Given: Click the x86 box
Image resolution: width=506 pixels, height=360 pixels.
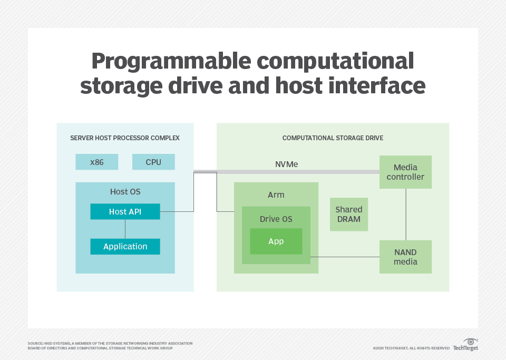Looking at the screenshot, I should point(97,162).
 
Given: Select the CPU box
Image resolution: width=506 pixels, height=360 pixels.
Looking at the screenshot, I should point(153,162).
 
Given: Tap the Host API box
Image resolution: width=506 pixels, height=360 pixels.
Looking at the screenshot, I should point(125,212).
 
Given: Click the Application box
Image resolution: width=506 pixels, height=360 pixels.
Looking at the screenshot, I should point(125,247).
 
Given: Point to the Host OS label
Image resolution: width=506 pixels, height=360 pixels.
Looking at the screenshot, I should point(125,192).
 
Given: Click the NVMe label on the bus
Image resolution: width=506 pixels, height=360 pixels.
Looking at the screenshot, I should point(286,164).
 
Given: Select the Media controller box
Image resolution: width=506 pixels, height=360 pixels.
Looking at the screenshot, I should point(405,172).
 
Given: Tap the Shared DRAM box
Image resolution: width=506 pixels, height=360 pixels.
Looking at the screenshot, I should point(348,215).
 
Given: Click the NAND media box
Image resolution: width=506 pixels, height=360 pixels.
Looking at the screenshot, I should point(405,257).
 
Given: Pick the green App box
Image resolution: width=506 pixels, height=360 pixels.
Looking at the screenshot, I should point(276,241).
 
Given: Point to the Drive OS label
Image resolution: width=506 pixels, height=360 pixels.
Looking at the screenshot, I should point(276,219).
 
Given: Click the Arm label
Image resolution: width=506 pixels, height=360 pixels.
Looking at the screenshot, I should point(276,195).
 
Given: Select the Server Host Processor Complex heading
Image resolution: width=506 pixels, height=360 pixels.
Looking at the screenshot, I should point(125,138).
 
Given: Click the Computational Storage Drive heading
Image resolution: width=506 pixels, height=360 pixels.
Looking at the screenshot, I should point(333,138).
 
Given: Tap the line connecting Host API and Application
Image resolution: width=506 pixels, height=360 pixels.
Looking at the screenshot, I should point(125,229).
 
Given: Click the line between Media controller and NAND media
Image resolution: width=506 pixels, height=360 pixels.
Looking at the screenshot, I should point(405,215).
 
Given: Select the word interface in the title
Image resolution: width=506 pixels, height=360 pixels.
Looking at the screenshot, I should point(368,86).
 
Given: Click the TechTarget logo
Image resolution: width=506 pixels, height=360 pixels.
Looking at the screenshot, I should point(466,345).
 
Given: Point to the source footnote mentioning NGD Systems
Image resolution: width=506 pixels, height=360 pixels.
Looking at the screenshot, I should point(110,346).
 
